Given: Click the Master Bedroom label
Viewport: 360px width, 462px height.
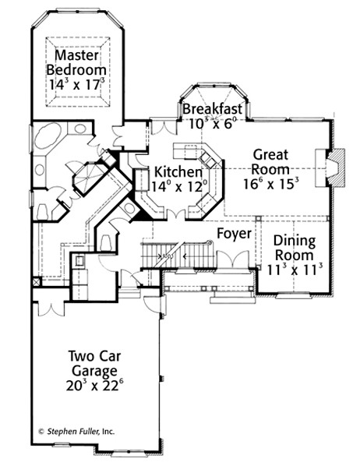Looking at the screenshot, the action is coord(76,63).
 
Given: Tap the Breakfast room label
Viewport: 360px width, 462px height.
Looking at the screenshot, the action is coord(213,109).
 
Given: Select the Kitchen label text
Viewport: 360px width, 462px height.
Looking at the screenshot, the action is coord(178,171).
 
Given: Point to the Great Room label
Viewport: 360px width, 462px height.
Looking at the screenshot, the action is coord(270,162).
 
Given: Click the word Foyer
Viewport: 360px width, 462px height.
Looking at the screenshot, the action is coord(235,234).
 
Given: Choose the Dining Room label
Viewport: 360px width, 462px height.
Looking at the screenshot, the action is coord(295,248).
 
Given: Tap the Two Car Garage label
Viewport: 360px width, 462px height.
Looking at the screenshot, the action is coord(94,363).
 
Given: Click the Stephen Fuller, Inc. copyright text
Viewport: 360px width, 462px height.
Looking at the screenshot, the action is coord(76,432).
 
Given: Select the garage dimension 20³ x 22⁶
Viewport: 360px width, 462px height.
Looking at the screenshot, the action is coord(94,386).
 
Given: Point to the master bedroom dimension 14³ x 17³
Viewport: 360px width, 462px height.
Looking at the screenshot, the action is coord(76,84).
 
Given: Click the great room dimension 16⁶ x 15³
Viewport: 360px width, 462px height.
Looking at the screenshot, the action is coord(271,184).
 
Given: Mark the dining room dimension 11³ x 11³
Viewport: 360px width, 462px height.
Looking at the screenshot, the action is coord(295,270).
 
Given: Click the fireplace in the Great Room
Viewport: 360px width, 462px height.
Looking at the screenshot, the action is coord(330,168).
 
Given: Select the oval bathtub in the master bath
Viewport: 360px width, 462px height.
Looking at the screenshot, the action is coord(48,136).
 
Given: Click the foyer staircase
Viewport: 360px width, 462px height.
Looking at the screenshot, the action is coord(178,255).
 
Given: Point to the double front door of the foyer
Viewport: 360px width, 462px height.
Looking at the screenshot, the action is coord(233,259).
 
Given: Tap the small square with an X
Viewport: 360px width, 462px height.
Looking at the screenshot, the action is coord(37,282).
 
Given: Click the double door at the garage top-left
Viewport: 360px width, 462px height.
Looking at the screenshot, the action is coord(51,309).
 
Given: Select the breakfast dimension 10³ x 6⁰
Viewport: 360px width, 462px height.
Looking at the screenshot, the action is coord(213,123).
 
